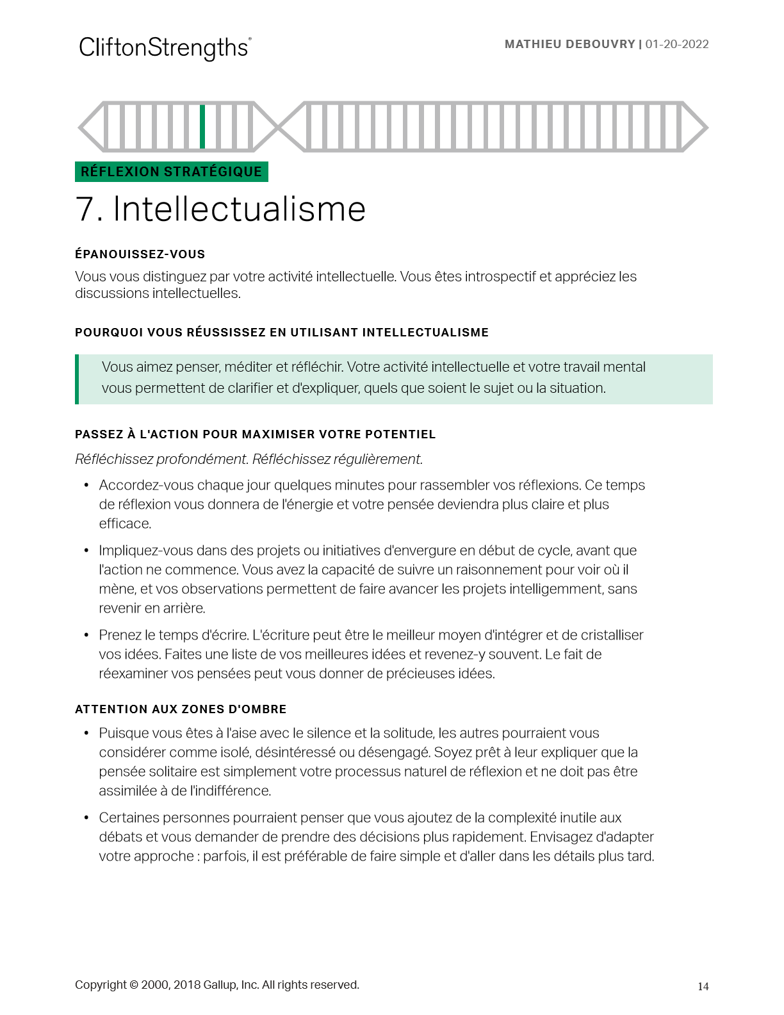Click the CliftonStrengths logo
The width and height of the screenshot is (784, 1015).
165,48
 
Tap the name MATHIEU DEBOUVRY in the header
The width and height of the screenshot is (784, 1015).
569,44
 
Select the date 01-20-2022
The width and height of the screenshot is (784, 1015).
677,44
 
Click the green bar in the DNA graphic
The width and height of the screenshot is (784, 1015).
202,126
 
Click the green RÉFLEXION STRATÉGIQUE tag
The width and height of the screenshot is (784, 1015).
171,172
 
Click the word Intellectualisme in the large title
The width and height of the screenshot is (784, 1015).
239,209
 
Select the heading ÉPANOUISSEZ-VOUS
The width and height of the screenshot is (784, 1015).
140,254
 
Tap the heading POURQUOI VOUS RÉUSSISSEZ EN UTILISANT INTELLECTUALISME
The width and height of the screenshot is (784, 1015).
281,333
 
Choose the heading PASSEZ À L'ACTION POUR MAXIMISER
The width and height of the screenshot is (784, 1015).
255,434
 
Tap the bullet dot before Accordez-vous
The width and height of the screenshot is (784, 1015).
86,486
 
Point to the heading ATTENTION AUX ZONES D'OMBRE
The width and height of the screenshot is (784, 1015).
181,709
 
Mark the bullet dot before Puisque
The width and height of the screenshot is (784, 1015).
86,734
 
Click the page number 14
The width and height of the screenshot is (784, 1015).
703,987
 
